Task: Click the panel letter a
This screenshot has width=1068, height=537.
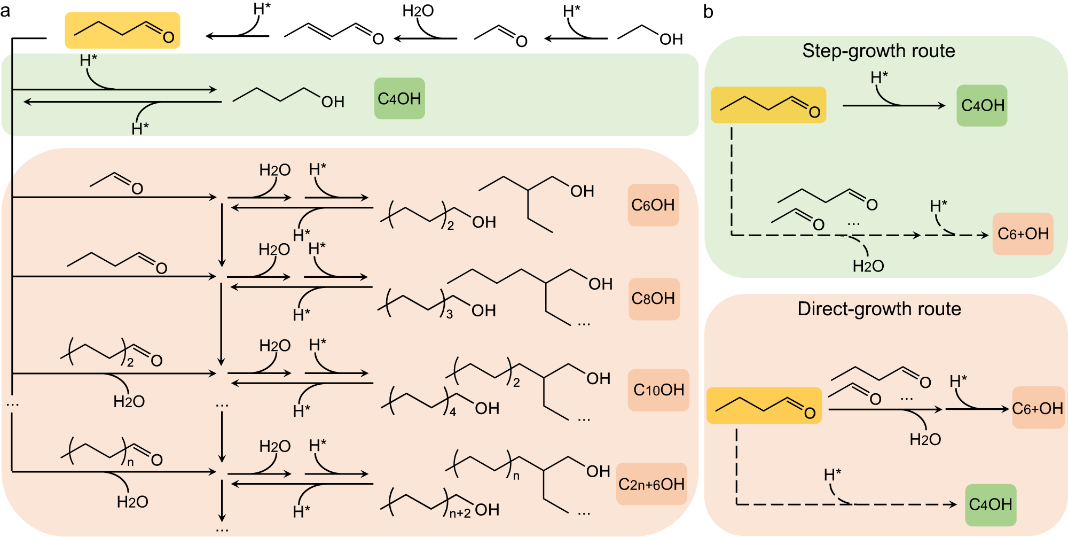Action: point(5,11)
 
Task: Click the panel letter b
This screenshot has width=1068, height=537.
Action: point(708,12)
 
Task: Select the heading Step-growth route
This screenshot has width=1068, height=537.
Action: point(878,51)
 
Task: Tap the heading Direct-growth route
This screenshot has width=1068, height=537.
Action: point(879,309)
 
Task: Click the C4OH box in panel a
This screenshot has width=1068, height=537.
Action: point(399,98)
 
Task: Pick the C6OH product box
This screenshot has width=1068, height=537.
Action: point(653,205)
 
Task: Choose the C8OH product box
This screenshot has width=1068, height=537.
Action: point(654,298)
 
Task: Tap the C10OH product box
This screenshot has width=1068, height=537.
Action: point(658,390)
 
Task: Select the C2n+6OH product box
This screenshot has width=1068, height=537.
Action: point(651,484)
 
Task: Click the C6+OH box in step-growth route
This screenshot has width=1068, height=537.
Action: point(1023,234)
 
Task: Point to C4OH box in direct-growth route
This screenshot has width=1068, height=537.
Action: point(991,504)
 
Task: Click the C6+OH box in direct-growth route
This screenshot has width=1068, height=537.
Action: point(1038,408)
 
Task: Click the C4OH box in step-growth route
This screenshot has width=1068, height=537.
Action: point(982,105)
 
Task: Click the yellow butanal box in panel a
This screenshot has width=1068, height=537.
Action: point(122,30)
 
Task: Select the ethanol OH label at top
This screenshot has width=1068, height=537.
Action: point(671,39)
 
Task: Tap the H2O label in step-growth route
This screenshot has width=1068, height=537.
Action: point(868,266)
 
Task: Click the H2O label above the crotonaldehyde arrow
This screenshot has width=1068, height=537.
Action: point(418,11)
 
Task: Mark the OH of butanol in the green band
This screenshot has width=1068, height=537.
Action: point(333,102)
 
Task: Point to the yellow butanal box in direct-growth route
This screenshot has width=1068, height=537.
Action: point(764,406)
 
